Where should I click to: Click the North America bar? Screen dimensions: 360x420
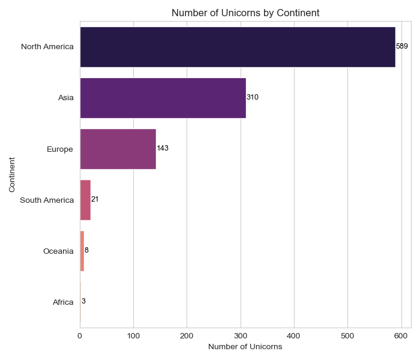coord(237,47)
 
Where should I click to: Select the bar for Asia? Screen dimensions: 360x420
coord(163,97)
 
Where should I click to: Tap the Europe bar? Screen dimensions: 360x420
coord(118,149)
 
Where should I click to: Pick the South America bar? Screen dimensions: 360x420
coord(85,199)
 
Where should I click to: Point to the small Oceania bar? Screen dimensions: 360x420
coord(82,250)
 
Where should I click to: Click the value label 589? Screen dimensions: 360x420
coord(402,46)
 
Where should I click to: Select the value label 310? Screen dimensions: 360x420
coord(253,97)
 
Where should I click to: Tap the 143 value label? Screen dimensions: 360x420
coord(163,148)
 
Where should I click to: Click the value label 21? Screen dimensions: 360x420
coord(95,199)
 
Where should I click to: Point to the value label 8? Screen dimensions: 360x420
coord(86,250)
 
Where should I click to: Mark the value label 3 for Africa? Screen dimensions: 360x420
coord(83,301)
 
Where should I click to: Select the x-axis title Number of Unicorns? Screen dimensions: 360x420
coord(245,347)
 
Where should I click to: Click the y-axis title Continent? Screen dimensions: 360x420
coord(13,175)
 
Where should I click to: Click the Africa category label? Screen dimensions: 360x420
coord(63,302)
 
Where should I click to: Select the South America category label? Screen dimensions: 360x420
coord(47,200)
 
